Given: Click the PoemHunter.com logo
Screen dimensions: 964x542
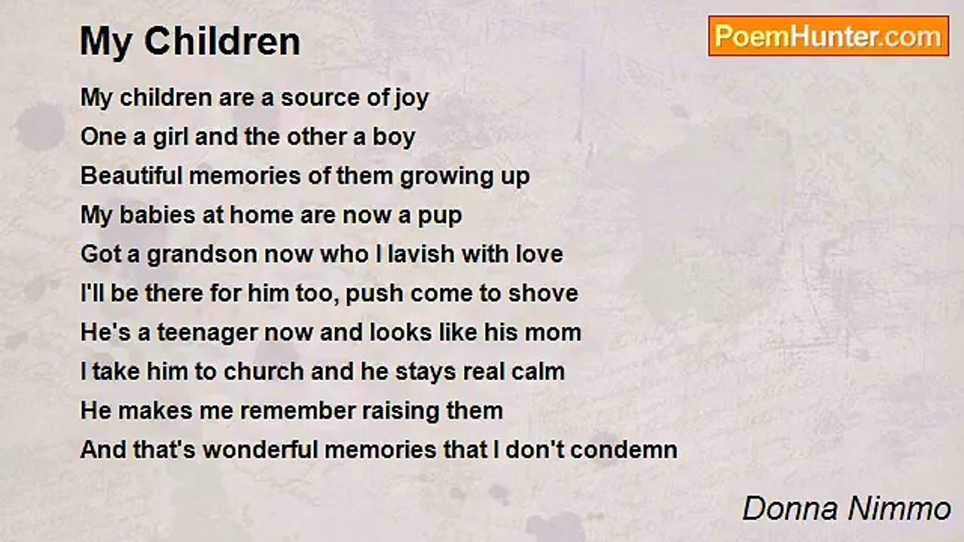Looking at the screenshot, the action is pos(828,36).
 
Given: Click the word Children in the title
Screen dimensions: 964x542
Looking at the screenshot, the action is pos(222,41).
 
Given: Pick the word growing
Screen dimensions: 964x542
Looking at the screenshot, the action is pos(446,177).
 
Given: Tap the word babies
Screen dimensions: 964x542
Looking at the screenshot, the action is pos(157,215).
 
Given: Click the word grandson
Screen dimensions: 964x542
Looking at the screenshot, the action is pos(202,255).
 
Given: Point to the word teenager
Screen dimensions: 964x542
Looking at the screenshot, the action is pos(206,333).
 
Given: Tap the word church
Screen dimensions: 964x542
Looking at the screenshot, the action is pos(264,372).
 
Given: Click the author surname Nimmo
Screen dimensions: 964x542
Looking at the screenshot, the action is pos(899,509).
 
